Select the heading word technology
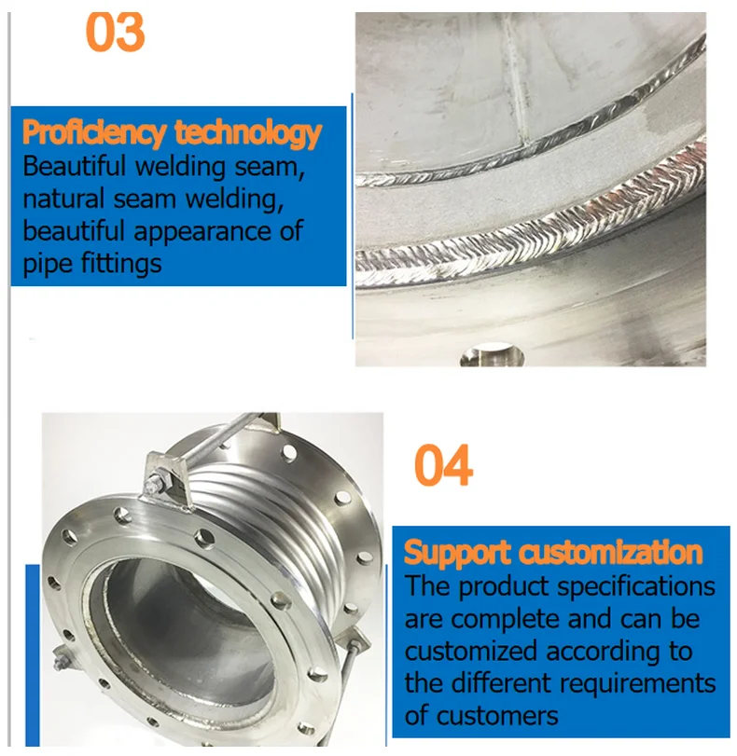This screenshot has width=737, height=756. point(248,133)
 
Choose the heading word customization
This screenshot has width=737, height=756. point(610,553)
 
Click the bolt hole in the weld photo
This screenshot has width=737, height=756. point(487,356)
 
